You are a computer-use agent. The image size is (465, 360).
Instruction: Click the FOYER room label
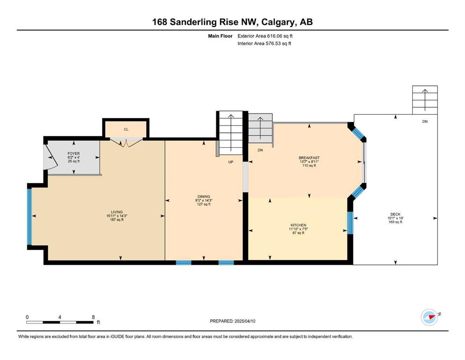point(74,153)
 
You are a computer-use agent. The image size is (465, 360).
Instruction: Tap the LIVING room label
point(117,212)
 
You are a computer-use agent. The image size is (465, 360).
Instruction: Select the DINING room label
point(204,196)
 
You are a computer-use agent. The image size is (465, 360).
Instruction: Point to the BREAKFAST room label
point(309,158)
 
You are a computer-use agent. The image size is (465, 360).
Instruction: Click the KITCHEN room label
point(298,225)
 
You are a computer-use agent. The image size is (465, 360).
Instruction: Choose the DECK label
point(395,214)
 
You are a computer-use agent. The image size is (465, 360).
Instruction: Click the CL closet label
point(126,129)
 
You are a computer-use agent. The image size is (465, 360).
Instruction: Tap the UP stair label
point(231,162)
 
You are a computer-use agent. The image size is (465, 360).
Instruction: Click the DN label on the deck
point(425,121)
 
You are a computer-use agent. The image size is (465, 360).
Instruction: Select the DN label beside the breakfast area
point(260,150)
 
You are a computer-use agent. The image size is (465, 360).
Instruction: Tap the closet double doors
point(126,142)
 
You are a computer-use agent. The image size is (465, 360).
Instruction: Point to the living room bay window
point(30,217)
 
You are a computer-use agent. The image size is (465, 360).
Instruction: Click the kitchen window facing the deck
point(350,223)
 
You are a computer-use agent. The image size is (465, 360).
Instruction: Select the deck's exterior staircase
point(425,100)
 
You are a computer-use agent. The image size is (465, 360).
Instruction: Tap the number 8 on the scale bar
point(93,317)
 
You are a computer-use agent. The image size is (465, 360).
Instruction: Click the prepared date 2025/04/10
point(245,321)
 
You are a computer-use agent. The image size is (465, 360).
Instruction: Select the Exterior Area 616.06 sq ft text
point(265,36)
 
